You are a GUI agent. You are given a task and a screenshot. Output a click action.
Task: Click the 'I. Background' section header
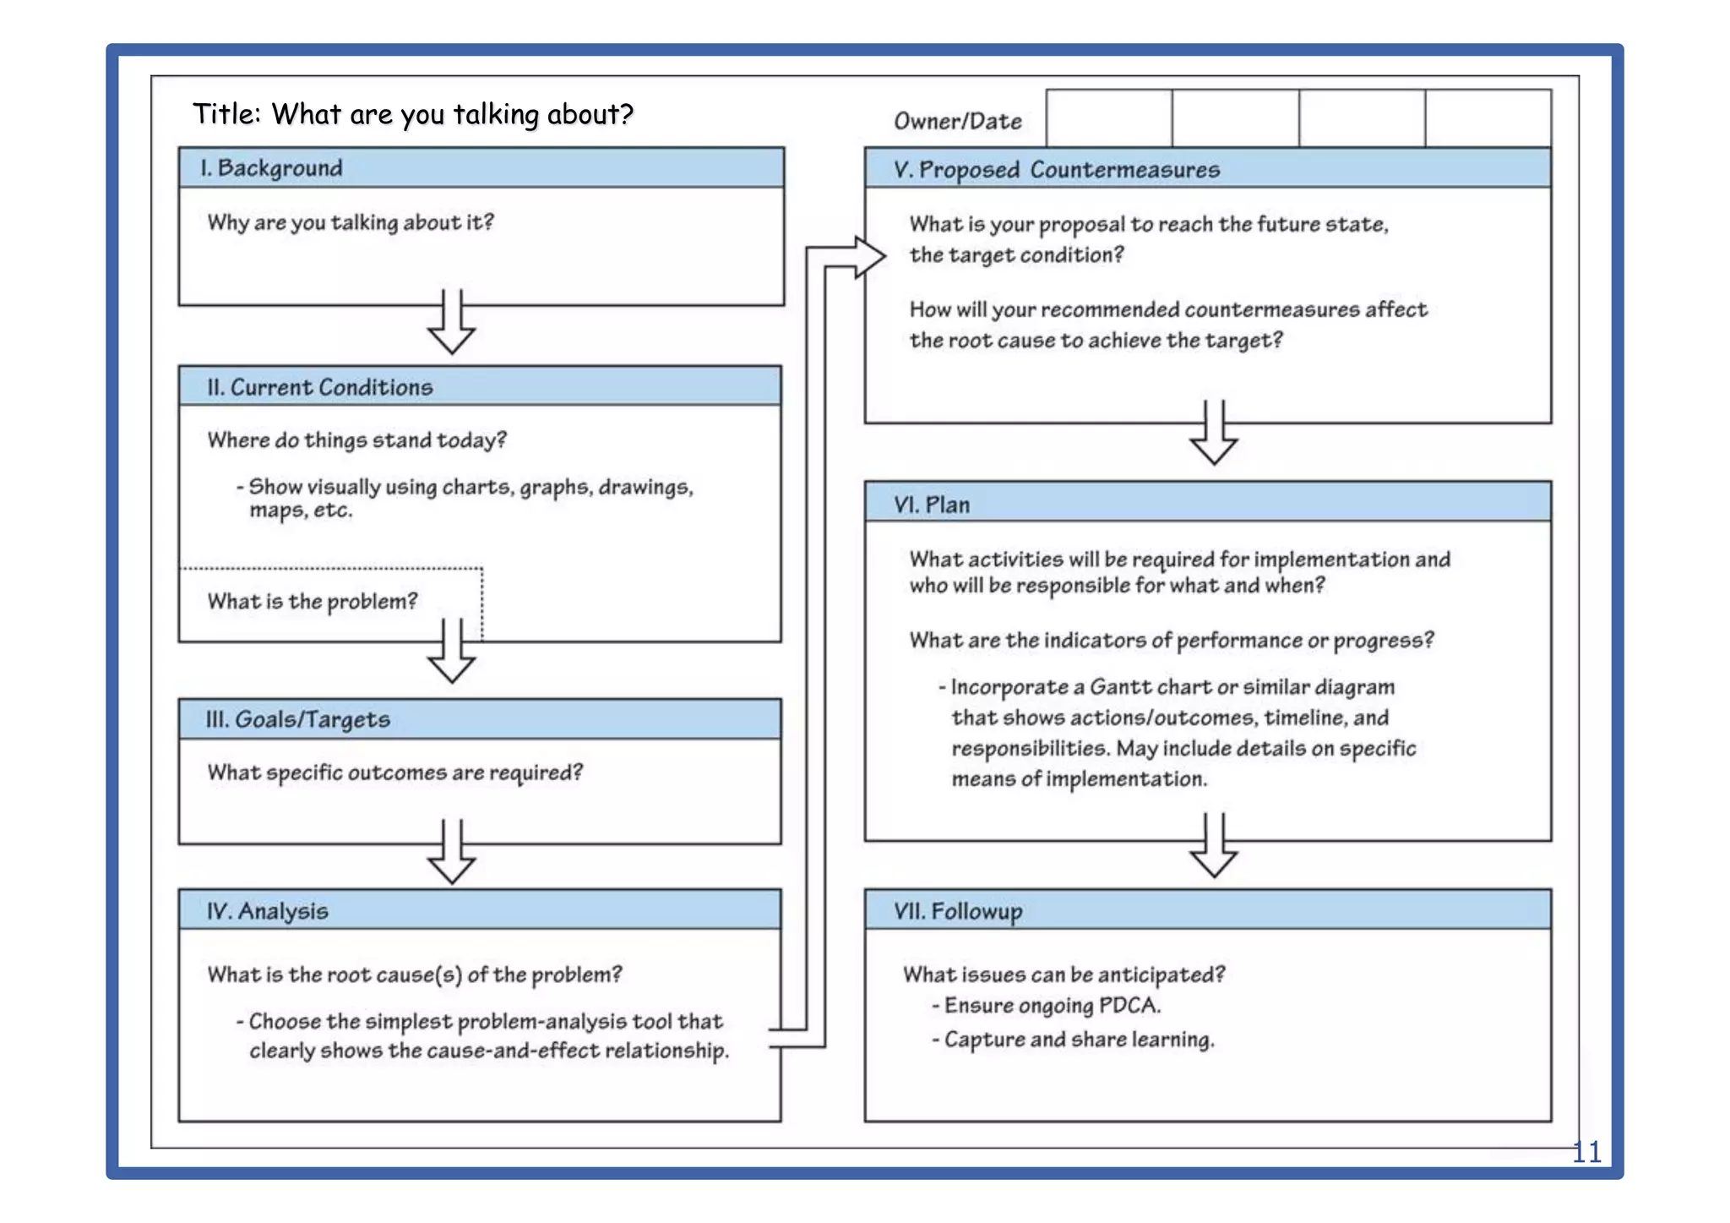click(x=271, y=168)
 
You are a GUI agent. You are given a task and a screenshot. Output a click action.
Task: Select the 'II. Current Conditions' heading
click(x=319, y=387)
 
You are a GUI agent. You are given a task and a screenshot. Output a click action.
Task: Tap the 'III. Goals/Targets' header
click(x=297, y=719)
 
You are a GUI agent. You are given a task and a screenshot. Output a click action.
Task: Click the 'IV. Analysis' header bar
click(x=267, y=911)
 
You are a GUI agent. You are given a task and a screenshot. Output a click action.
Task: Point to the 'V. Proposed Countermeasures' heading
click(x=1056, y=170)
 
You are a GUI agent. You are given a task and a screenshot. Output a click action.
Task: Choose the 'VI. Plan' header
click(x=932, y=505)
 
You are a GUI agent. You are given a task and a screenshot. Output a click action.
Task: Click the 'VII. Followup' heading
click(x=958, y=911)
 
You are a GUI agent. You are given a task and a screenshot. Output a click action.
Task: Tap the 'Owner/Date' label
click(x=957, y=122)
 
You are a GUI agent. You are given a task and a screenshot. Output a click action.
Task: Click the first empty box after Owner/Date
click(x=1108, y=118)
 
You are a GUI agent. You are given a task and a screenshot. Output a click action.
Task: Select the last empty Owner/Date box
click(x=1488, y=118)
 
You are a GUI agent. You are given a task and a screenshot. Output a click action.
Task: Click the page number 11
click(x=1586, y=1152)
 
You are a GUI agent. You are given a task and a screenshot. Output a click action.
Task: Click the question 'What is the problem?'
click(x=313, y=602)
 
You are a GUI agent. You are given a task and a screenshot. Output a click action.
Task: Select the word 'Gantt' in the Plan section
click(x=1117, y=687)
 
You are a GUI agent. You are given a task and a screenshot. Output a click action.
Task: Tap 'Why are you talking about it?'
click(x=351, y=222)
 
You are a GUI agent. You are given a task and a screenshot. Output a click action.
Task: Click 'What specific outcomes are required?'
click(x=394, y=773)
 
